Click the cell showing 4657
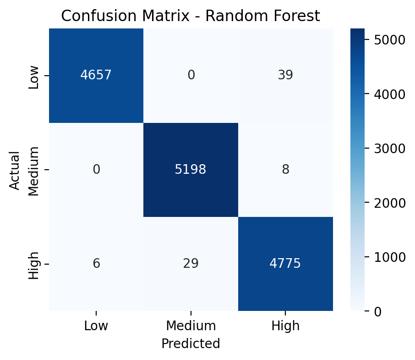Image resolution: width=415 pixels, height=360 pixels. (96, 75)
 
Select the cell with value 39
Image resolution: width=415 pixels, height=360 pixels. (285, 75)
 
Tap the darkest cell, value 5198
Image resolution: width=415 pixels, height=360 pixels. (191, 170)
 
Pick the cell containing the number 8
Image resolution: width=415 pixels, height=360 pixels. (285, 170)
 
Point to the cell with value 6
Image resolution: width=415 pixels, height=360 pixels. (96, 264)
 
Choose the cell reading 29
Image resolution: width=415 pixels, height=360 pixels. (191, 264)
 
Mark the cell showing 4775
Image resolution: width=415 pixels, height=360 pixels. (285, 264)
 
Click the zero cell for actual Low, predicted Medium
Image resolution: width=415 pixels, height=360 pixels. (191, 75)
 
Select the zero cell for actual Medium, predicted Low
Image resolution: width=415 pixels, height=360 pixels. (96, 170)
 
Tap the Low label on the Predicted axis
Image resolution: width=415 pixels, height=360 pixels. (96, 326)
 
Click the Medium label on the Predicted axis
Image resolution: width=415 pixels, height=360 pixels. (191, 326)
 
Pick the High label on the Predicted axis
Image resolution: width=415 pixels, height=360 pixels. (285, 326)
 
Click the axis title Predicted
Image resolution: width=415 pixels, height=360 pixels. (191, 343)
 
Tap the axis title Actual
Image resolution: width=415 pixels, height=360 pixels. (15, 170)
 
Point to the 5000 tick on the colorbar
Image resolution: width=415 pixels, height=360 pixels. (388, 40)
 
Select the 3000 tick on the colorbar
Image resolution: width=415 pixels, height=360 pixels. (388, 149)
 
